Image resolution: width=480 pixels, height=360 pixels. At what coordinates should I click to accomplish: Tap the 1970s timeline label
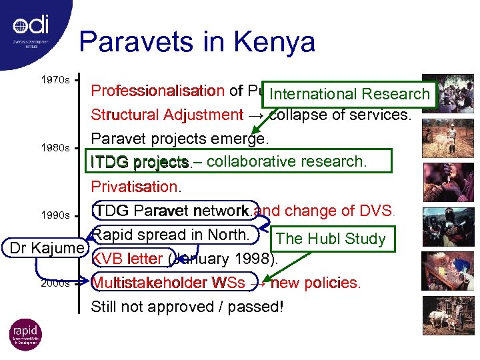(x=55, y=80)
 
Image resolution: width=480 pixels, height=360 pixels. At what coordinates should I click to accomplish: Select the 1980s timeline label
(x=55, y=147)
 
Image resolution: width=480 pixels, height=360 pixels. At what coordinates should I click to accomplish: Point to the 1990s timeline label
(x=55, y=215)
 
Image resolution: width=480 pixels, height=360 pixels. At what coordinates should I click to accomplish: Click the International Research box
(x=350, y=94)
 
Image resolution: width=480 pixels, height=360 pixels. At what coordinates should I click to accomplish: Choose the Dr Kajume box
(x=46, y=249)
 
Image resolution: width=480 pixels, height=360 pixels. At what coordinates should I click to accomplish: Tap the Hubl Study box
(x=331, y=239)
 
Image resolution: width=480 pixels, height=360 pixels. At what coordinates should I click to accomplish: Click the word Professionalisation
(x=157, y=91)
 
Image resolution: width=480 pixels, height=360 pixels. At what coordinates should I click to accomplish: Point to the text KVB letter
(x=127, y=259)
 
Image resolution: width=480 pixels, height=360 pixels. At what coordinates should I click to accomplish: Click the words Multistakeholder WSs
(x=173, y=283)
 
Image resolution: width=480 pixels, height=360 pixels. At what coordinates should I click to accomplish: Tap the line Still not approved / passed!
(x=187, y=307)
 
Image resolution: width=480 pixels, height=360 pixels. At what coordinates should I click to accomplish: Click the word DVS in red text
(x=375, y=211)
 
